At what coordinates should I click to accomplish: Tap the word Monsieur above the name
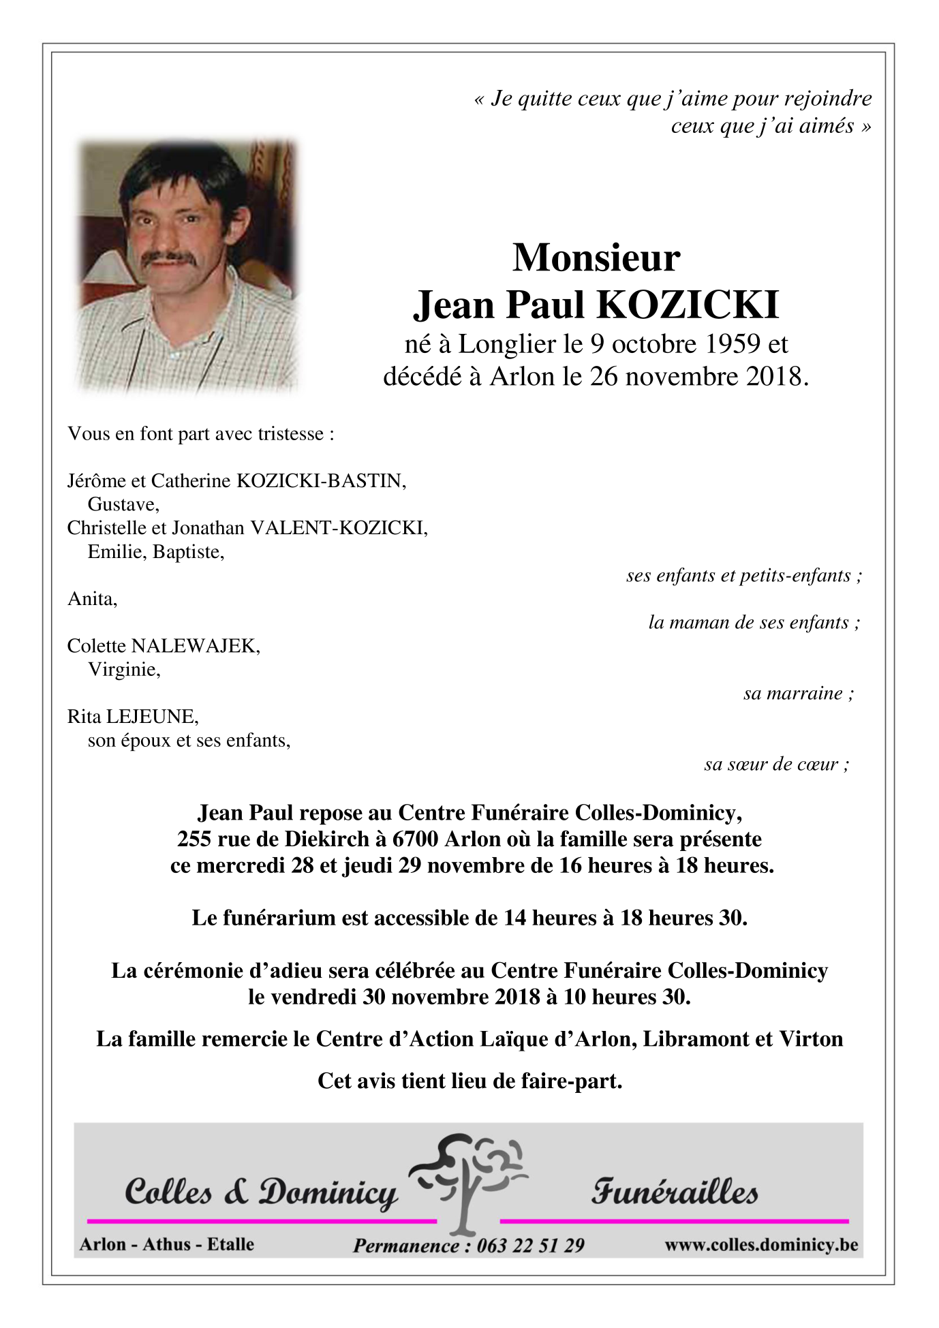pyautogui.click(x=596, y=258)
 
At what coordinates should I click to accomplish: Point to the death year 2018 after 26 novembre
pyautogui.click(x=773, y=376)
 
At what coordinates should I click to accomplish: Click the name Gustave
pyautogui.click(x=123, y=504)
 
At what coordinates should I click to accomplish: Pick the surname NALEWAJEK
pyautogui.click(x=195, y=645)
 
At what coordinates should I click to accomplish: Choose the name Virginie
pyautogui.click(x=123, y=669)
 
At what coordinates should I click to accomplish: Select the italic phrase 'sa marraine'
pyautogui.click(x=793, y=693)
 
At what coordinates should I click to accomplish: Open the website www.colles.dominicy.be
pyautogui.click(x=761, y=1245)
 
